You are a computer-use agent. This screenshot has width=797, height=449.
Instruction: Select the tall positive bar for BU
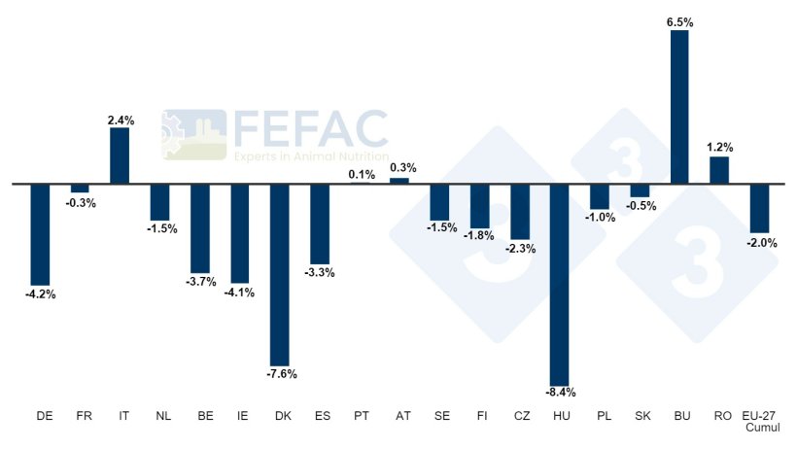[678, 107]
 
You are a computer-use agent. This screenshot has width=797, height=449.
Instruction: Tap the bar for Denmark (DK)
[280, 274]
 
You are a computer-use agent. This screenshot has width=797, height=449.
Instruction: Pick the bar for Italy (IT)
[120, 155]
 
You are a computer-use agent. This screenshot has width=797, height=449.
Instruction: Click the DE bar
[40, 233]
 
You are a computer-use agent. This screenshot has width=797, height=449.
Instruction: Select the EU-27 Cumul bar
[759, 207]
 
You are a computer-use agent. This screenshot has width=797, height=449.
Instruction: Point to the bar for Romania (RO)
[719, 170]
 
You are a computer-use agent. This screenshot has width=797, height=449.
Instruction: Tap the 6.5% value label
[679, 19]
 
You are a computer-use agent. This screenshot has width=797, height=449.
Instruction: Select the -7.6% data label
[281, 373]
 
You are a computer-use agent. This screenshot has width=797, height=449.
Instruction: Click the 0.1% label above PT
[361, 174]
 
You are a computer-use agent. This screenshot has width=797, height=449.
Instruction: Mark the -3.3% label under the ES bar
[320, 273]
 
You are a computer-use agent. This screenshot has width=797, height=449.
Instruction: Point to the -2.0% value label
[761, 243]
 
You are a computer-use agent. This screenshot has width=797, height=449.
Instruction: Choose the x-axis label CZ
[520, 416]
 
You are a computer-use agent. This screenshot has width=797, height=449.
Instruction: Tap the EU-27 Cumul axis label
[760, 421]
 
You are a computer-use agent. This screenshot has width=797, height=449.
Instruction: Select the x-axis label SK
[640, 416]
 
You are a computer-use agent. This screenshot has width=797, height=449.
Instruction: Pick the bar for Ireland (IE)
[240, 233]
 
